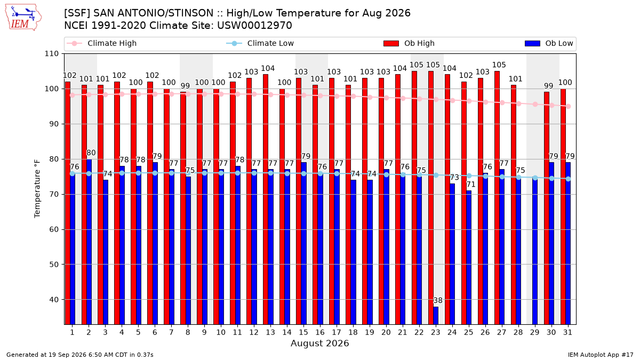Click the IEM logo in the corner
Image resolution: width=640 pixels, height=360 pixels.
[23, 18]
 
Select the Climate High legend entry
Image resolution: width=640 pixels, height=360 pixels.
[101, 43]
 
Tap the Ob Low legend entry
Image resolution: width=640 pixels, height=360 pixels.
[549, 43]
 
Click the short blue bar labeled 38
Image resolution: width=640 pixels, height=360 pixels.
[436, 315]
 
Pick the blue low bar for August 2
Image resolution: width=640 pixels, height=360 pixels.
[89, 242]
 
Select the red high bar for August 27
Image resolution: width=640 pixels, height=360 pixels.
[497, 198]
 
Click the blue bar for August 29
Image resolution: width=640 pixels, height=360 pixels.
[535, 251]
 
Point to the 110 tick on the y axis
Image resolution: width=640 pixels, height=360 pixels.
[51, 54]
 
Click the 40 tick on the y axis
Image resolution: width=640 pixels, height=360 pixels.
[54, 300]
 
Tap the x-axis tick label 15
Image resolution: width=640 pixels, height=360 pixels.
[303, 333]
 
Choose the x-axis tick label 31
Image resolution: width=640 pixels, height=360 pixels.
[567, 333]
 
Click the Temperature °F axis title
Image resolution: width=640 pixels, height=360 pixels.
[37, 189]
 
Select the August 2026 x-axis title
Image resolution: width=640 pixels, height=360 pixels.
[319, 343]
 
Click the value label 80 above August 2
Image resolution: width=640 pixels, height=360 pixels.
[91, 153]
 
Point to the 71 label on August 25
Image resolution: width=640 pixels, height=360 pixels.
[471, 185]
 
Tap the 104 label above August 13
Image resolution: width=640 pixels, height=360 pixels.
[268, 68]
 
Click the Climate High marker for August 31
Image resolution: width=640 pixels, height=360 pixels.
[569, 106]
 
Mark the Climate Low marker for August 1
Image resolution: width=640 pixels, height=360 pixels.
[73, 173]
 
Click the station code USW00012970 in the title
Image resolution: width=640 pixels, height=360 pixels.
[254, 26]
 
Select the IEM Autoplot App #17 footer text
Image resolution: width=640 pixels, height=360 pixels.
[601, 355]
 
